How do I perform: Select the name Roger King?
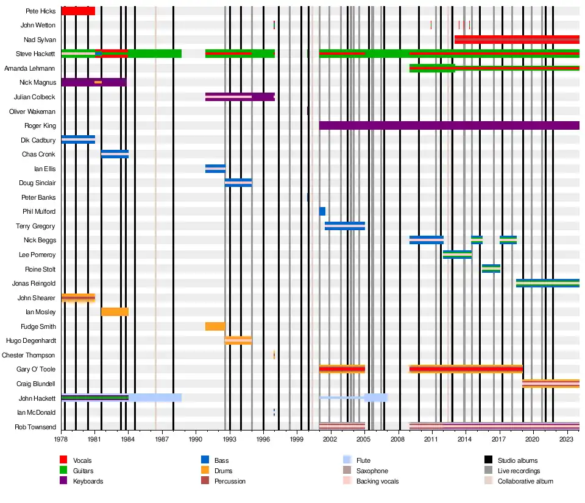coord(40,126)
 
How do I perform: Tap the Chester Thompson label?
coord(29,355)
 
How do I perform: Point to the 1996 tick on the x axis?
coord(263,438)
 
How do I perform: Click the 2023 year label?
coord(566,438)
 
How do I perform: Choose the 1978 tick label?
coord(61,438)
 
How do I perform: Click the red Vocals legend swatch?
coord(63,460)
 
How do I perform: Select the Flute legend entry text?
coord(363,460)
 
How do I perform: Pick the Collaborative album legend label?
coord(525,481)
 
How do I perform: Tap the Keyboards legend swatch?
coord(63,481)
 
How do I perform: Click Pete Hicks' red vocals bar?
coord(78,11)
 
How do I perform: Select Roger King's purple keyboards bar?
coord(448,125)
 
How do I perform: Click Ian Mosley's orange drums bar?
coord(115,312)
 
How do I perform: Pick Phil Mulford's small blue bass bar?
coord(322,211)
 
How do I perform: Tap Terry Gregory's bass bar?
coord(345,226)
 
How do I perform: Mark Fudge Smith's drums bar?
coord(215,326)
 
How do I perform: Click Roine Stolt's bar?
coord(491,269)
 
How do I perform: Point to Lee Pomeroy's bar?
coord(457,255)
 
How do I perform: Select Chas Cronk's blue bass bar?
coord(115,154)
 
